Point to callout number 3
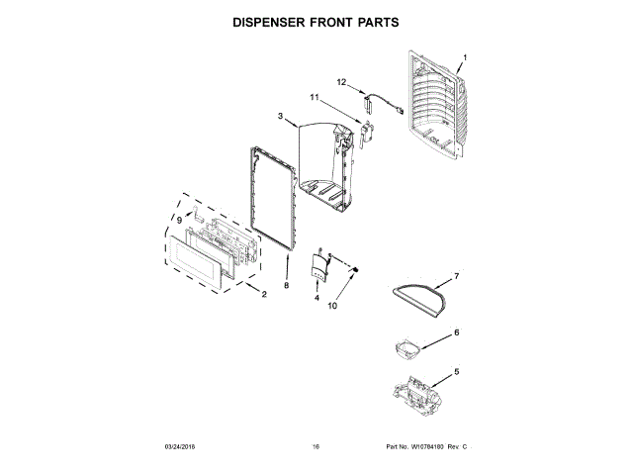pos(281,117)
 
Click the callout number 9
pos(179,219)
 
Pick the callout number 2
pos(264,294)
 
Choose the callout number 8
pos(286,285)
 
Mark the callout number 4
pos(316,297)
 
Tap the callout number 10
pos(332,307)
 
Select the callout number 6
pos(456,332)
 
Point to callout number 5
pos(456,372)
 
